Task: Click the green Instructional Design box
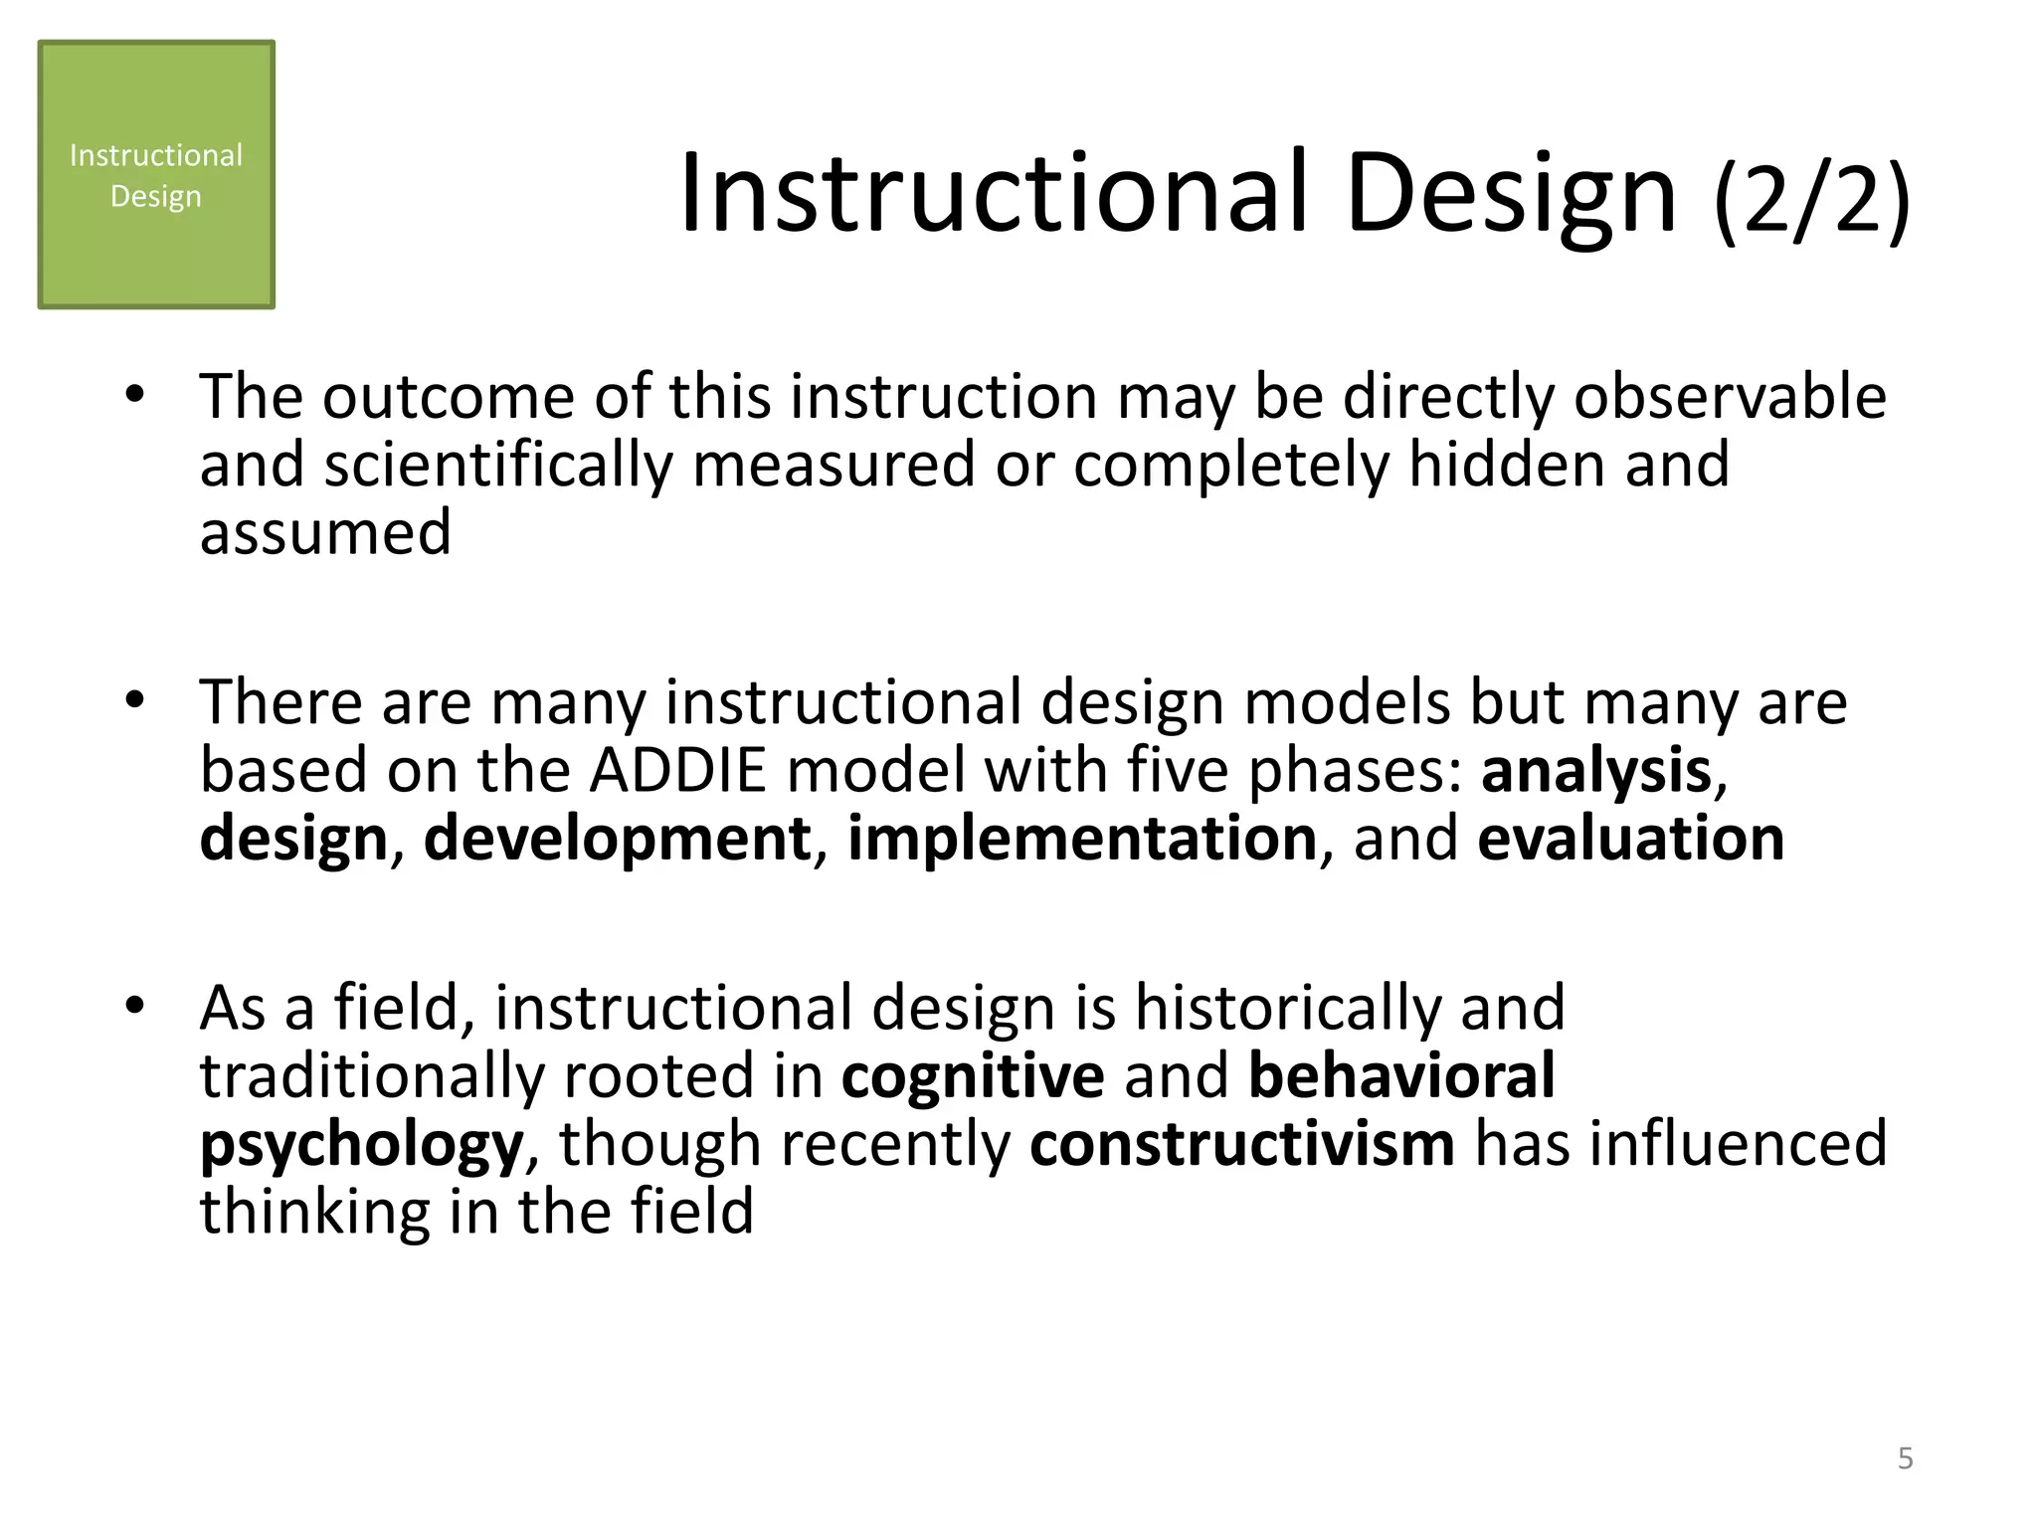tap(156, 175)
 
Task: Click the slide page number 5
tap(1905, 1458)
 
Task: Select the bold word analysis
tap(1595, 771)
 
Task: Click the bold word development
tap(617, 839)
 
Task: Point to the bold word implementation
tap(1082, 839)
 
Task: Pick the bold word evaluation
tap(1630, 839)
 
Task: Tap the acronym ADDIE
tap(677, 771)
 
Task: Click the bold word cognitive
tap(972, 1076)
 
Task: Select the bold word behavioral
tap(1400, 1076)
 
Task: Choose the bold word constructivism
tap(1241, 1144)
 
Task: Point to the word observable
tap(1730, 397)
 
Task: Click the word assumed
tap(325, 532)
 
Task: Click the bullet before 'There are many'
tap(135, 701)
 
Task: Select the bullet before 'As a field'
tap(135, 1007)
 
